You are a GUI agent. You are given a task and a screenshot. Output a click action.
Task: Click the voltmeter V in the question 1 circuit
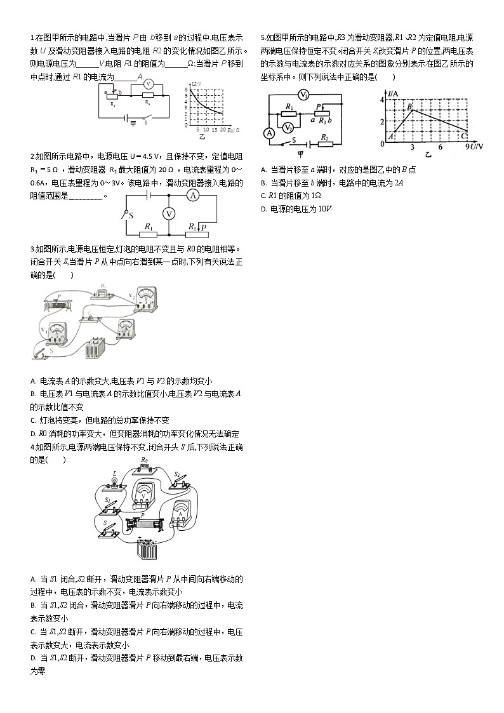pos(147,84)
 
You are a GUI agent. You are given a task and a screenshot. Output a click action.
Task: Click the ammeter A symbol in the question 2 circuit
pos(195,197)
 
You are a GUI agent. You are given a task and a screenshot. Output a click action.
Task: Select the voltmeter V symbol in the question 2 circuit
pos(169,214)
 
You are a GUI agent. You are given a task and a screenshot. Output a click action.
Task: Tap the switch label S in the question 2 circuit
pos(131,216)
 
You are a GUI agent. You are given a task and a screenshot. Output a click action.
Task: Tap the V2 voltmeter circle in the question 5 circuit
pos(288,127)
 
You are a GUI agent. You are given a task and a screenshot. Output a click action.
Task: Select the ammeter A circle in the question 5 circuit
pos(269,133)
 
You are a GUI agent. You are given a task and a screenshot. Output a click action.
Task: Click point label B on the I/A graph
pos(410,105)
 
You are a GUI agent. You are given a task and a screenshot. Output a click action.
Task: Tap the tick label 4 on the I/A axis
pos(383,100)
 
